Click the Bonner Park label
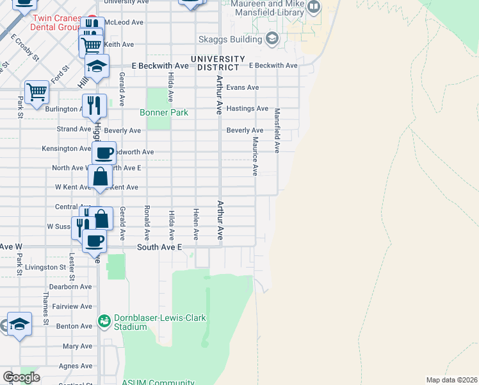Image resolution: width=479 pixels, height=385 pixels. point(164,112)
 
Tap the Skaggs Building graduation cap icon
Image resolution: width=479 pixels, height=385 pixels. point(272,38)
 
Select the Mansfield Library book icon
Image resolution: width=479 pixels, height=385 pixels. point(314,8)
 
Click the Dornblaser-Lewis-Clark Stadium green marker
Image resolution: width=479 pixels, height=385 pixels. point(103,320)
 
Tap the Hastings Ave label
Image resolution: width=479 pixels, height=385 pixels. point(247,108)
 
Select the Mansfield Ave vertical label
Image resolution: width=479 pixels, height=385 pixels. point(277,130)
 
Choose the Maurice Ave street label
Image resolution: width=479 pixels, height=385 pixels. point(254,155)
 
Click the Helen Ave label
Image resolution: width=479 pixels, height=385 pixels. point(196,225)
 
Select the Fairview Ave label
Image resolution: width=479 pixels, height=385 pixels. point(72,307)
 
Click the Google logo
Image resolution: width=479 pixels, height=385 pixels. point(20,377)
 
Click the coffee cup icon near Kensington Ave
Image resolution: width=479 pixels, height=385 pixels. point(104,153)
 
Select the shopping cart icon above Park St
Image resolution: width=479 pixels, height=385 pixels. point(37,92)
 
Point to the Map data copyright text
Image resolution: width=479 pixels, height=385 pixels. point(451,380)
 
